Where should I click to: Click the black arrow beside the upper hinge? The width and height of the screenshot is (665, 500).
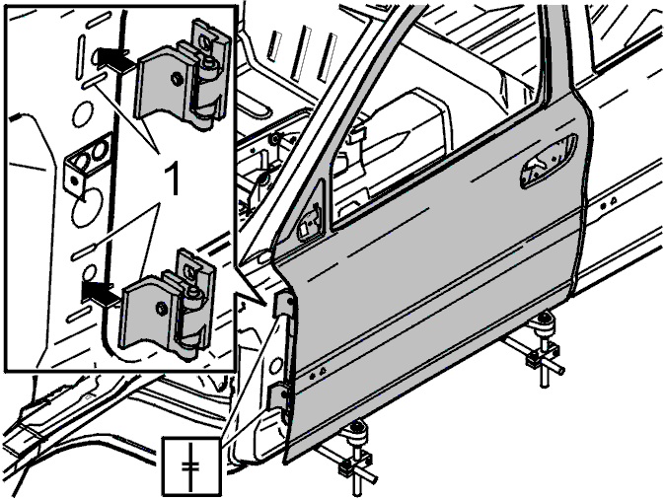coord(113,57)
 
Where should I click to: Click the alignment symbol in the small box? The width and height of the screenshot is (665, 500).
coord(190,466)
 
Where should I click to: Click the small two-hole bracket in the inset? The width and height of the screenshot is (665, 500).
coord(88,164)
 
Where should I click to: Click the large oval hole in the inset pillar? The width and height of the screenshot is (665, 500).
coord(87,208)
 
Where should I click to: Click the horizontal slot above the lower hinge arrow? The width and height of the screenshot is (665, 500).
coord(88,251)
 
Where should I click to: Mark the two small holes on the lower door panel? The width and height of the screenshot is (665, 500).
coord(317,374)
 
